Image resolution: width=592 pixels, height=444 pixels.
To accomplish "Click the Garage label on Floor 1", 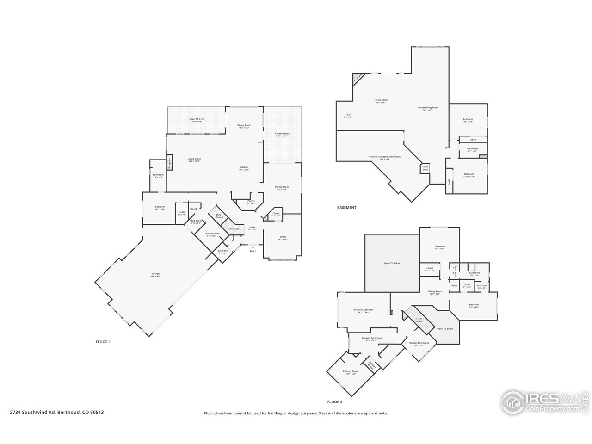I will [x=155, y=274].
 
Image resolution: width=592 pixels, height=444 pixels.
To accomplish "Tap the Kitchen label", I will [x=244, y=167].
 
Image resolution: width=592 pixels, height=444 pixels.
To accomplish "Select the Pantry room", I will [x=251, y=202].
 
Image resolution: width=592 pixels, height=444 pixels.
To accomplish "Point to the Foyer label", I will [x=253, y=228].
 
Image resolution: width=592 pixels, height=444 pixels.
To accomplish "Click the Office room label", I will [x=283, y=238].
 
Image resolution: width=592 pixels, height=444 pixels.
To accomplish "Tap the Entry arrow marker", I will [x=253, y=248].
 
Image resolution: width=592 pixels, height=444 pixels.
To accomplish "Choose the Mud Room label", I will [x=196, y=222].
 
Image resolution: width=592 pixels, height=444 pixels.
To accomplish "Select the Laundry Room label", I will [x=213, y=234].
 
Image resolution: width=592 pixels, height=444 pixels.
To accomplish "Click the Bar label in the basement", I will [x=348, y=115].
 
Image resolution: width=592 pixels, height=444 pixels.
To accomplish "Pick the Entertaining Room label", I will [x=428, y=108].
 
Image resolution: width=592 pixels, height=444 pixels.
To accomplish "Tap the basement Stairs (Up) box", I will [x=425, y=168].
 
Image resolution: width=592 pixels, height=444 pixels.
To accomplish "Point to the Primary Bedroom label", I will [x=364, y=310].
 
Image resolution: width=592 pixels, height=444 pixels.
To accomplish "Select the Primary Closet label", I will [x=351, y=372].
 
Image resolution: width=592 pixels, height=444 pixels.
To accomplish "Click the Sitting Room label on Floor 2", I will [x=436, y=292].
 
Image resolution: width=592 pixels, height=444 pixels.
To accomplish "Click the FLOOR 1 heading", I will [x=103, y=342].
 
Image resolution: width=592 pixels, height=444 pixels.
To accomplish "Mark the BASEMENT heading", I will [x=346, y=208].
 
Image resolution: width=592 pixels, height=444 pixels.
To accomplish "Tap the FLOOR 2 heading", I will [x=334, y=402].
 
